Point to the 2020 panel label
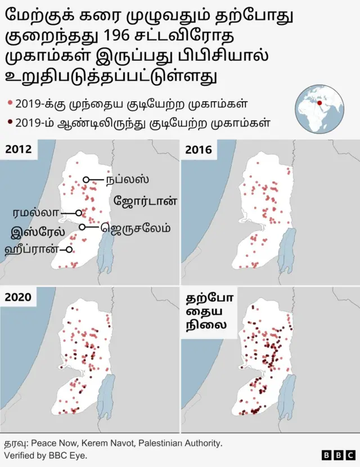pyautogui.click(x=19, y=297)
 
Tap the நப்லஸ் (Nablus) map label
pyautogui.click(x=127, y=179)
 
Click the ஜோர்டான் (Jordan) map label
pyautogui.click(x=146, y=200)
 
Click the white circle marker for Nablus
pyautogui.click(x=86, y=179)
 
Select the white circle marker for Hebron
pyautogui.click(x=69, y=249)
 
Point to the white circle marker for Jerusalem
pyautogui.click(x=82, y=227)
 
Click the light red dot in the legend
pyautogui.click(x=10, y=104)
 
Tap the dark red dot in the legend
pyautogui.click(x=10, y=122)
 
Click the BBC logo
pyautogui.click(x=338, y=455)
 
